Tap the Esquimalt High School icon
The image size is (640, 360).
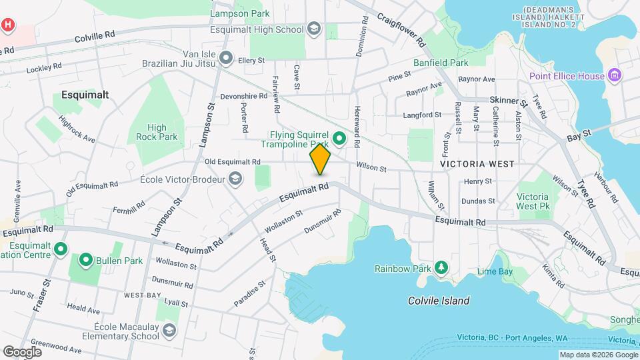point(313,29)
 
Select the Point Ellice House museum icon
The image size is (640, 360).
point(615,75)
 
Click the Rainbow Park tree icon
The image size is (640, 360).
point(440,268)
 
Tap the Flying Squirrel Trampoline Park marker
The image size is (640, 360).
point(339,139)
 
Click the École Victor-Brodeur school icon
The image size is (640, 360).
point(235,179)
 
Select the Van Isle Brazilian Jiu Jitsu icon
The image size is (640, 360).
point(226,59)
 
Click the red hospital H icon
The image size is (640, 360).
point(7,25)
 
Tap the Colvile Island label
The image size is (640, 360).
point(439,301)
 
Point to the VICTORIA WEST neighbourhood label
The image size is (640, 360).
point(476,163)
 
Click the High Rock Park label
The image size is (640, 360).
point(157,132)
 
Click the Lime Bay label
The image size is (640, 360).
point(495,271)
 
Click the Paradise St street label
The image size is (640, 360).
point(249,293)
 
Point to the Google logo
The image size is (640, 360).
point(22,351)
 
